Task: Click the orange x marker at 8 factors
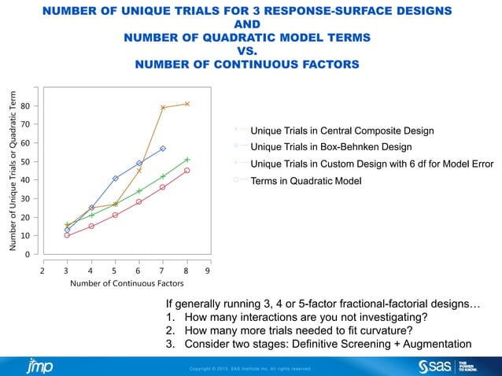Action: point(187,104)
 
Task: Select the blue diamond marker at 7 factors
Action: point(163,149)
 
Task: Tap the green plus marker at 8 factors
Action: point(187,160)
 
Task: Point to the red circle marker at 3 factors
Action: point(67,235)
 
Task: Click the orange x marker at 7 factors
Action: point(163,108)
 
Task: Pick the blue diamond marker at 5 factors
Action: point(115,179)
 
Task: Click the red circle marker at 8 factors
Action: point(187,170)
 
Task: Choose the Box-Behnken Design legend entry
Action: point(330,147)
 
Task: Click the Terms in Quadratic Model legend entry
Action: point(305,181)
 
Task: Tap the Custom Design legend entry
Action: point(371,164)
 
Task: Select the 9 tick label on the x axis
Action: point(207,270)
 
